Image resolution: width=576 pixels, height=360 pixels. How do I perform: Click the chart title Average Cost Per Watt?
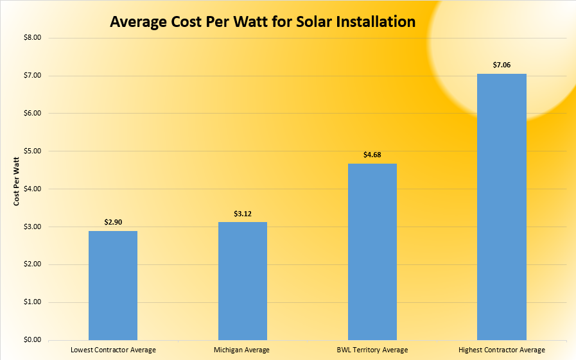[263, 22]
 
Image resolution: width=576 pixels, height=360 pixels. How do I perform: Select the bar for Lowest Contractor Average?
[113, 286]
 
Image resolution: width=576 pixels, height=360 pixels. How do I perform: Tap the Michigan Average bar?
[243, 281]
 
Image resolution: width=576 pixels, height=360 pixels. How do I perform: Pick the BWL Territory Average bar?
[372, 252]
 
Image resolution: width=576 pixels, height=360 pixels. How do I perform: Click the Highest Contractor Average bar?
[502, 207]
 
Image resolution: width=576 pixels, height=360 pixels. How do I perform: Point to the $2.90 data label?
[113, 221]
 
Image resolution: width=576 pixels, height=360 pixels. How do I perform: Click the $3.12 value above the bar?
[243, 213]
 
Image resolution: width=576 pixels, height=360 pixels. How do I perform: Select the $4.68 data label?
[372, 154]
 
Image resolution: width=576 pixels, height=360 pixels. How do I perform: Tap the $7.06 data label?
[502, 64]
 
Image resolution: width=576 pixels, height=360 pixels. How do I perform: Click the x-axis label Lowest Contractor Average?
[113, 350]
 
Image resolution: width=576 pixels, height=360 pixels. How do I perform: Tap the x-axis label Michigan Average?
[243, 350]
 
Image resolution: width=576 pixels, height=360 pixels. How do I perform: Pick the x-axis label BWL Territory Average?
[372, 350]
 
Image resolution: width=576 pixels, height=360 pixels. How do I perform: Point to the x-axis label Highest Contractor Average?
[502, 350]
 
